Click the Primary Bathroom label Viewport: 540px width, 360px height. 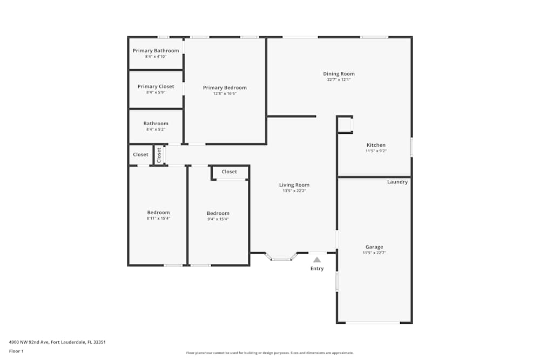pos(156,51)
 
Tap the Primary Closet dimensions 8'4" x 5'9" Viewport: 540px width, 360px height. pos(156,92)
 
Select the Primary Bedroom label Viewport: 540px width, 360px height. pos(225,87)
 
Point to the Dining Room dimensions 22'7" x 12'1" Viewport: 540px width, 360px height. pos(339,79)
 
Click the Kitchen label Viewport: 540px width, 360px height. pos(376,145)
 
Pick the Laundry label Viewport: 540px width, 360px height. pos(397,182)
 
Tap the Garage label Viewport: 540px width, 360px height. pos(374,247)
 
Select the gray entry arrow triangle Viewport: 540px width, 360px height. pos(317,260)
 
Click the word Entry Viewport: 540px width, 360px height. pos(317,268)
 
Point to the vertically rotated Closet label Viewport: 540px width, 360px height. pos(159,155)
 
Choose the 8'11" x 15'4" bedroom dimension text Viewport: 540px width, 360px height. pos(158,219)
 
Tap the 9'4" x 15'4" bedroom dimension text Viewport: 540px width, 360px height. pos(218,219)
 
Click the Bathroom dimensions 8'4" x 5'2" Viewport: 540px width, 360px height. pos(156,130)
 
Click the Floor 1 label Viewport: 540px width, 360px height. pos(16,351)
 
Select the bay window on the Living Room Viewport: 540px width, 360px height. pos(281,259)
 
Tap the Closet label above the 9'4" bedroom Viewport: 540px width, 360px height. pos(229,172)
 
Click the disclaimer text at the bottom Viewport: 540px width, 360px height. pos(270,353)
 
